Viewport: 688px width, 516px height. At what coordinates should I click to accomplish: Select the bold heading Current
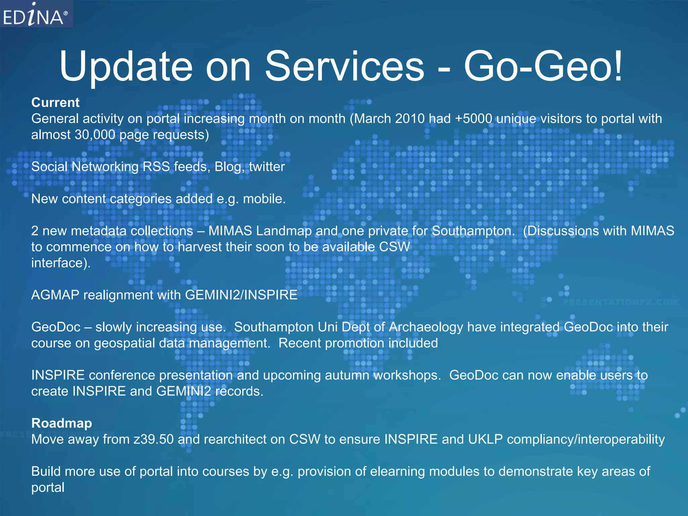[55, 102]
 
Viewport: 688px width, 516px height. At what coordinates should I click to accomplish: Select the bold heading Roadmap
[61, 423]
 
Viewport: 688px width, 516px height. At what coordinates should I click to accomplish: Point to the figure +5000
[473, 119]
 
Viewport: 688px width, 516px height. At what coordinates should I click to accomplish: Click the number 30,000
[95, 135]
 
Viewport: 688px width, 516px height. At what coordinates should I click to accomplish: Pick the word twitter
[267, 167]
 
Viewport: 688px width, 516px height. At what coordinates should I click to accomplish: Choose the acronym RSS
[156, 167]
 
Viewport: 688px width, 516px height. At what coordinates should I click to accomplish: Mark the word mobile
[264, 199]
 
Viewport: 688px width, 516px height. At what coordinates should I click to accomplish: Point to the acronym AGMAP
[55, 295]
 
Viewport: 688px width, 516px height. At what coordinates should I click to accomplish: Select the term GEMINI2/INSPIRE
[241, 295]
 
